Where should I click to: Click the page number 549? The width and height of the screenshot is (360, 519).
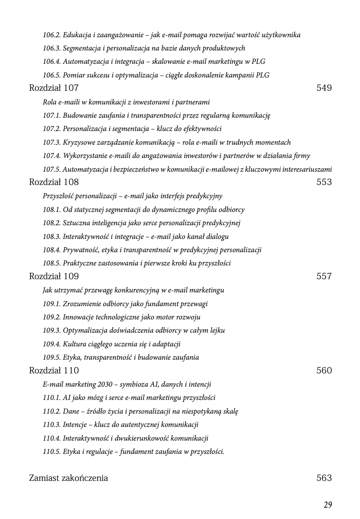[x=324, y=88]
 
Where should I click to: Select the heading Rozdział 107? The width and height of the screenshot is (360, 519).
[x=54, y=88]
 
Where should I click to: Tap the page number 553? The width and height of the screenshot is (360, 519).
[x=324, y=182]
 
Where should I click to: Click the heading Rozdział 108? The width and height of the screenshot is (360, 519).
[x=54, y=182]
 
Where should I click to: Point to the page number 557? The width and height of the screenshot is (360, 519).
[x=324, y=276]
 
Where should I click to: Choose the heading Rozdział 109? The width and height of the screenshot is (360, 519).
[x=54, y=276]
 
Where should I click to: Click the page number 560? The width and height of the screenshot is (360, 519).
[x=324, y=370]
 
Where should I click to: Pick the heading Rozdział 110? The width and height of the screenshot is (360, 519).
[x=54, y=370]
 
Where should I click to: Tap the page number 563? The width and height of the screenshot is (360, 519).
[x=324, y=478]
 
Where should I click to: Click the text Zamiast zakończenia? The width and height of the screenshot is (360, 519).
[x=68, y=478]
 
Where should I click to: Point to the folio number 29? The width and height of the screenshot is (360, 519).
[x=328, y=505]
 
